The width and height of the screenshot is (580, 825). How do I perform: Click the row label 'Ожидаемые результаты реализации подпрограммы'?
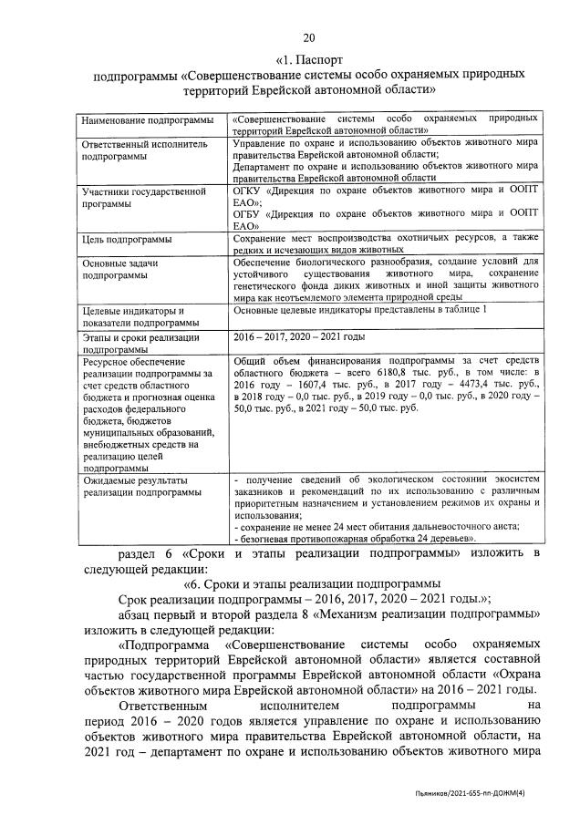point(141,486)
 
